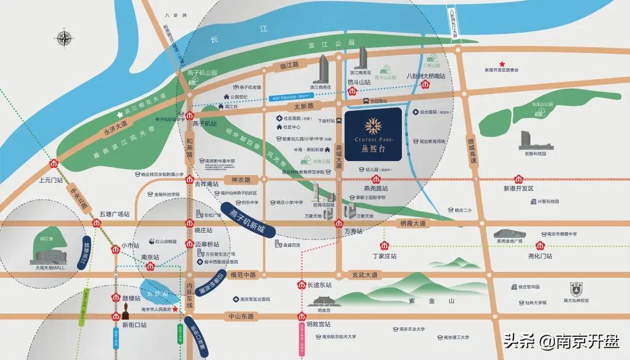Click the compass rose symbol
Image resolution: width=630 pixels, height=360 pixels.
click(x=65, y=39)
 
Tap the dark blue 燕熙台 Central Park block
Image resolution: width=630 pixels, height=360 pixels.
click(x=373, y=134)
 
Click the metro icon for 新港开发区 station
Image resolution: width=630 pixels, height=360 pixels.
click(x=518, y=179)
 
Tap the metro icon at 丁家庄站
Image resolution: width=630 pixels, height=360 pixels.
click(x=384, y=246)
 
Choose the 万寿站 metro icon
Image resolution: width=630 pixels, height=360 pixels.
click(x=339, y=223)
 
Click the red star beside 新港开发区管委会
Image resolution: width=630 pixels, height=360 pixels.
click(x=501, y=64)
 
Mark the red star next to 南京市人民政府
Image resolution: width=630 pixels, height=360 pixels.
click(x=176, y=310)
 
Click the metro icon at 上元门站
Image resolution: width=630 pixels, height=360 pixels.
click(x=54, y=164)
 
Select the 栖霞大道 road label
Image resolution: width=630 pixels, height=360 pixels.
click(x=413, y=223)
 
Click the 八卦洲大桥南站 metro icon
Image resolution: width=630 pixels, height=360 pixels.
click(x=426, y=85)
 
